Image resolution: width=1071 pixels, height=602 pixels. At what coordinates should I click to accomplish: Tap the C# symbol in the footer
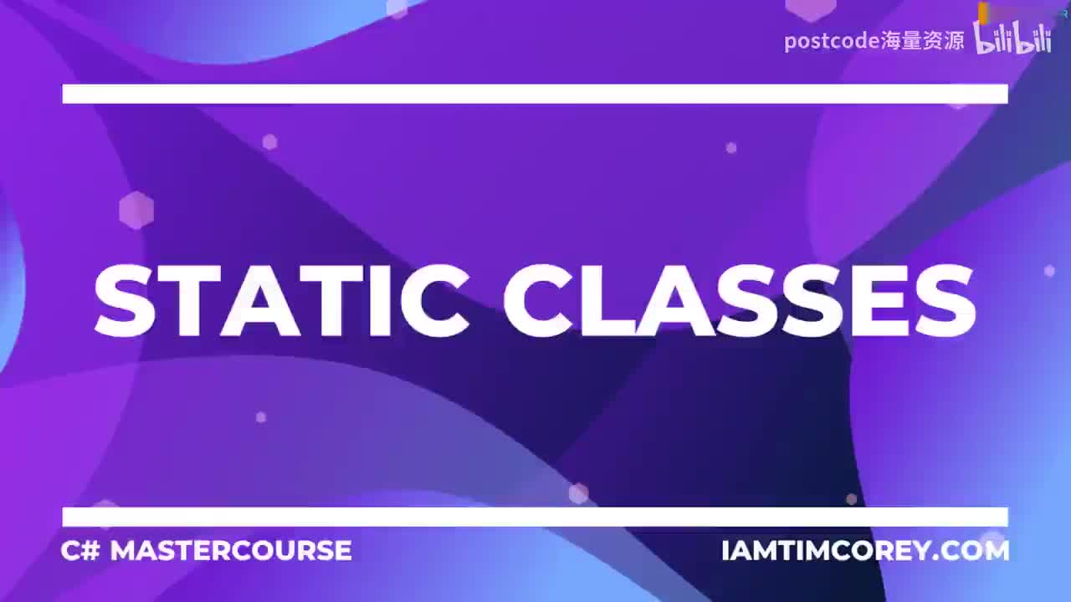[x=79, y=550]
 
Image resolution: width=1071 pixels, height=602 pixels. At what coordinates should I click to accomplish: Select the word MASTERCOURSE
[x=231, y=550]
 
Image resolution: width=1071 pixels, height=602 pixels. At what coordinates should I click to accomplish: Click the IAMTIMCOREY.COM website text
[x=865, y=551]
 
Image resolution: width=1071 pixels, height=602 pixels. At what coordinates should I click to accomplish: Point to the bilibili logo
[x=1012, y=38]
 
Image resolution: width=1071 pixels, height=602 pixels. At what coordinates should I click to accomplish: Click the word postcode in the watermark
[x=832, y=41]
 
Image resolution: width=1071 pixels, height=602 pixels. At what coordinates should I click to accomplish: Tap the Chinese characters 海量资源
[x=923, y=41]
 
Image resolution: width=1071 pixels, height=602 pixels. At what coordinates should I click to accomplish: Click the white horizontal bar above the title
[x=535, y=94]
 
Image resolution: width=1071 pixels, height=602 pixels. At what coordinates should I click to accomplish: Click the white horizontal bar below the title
[x=535, y=517]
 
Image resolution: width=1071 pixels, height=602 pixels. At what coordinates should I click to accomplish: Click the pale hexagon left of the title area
[x=136, y=210]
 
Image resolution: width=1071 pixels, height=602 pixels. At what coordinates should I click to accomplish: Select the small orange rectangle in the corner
[x=984, y=11]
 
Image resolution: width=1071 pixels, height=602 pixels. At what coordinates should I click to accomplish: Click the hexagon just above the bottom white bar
[x=578, y=493]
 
